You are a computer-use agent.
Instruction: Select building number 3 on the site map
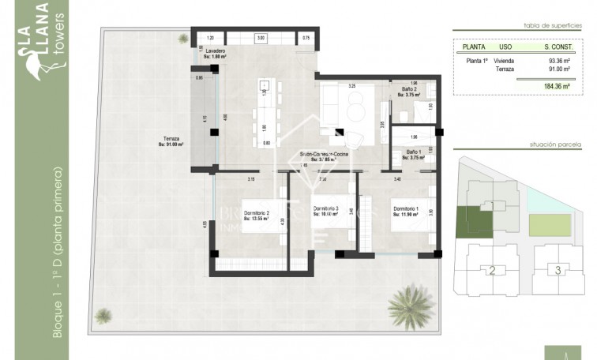coord(558,270)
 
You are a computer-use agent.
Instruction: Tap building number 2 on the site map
coord(491,271)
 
